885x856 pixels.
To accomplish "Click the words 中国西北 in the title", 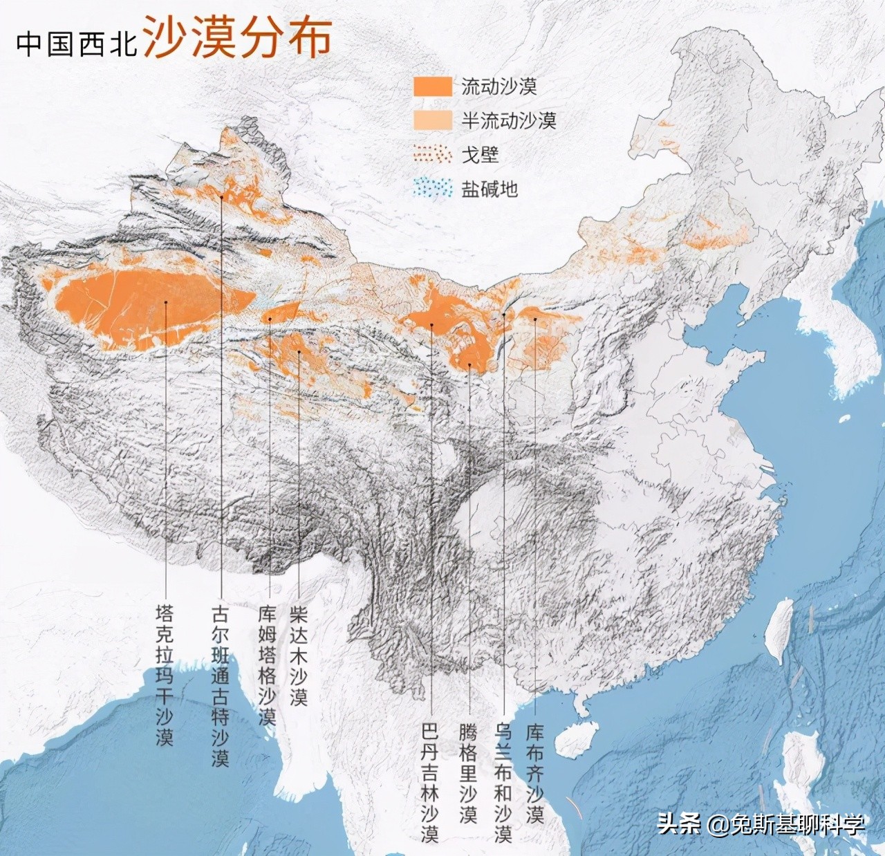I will click(x=77, y=43).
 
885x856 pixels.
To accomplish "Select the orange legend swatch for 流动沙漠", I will click(x=433, y=86).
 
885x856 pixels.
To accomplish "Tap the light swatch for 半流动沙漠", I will click(x=433, y=120).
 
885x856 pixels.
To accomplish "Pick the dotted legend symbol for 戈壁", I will click(x=433, y=154).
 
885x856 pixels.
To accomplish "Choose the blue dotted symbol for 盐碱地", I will click(x=433, y=188).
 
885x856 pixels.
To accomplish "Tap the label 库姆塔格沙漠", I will click(x=267, y=664).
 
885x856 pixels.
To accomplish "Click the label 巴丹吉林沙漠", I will click(x=430, y=782).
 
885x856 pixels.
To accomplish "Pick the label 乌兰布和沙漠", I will click(x=503, y=782).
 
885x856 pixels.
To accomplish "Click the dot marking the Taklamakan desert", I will click(x=166, y=302).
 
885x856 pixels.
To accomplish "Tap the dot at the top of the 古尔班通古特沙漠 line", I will click(x=221, y=197).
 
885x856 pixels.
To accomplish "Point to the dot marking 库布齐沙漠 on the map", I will click(x=535, y=319).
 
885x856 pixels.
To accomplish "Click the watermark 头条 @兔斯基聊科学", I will click(x=761, y=824).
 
